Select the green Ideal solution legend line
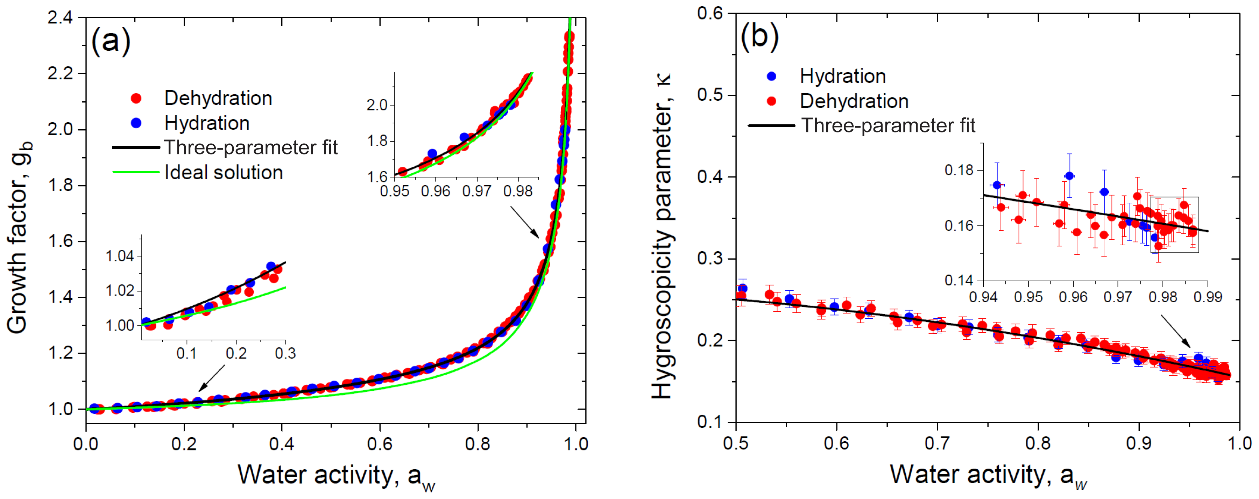[136, 172]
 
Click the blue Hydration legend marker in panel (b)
[772, 76]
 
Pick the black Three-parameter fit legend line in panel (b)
[771, 126]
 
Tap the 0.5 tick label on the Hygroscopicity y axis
[710, 95]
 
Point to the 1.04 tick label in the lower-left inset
[120, 256]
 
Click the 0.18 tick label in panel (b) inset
[959, 171]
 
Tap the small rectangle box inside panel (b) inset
[1174, 225]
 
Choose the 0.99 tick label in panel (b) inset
[1208, 297]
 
